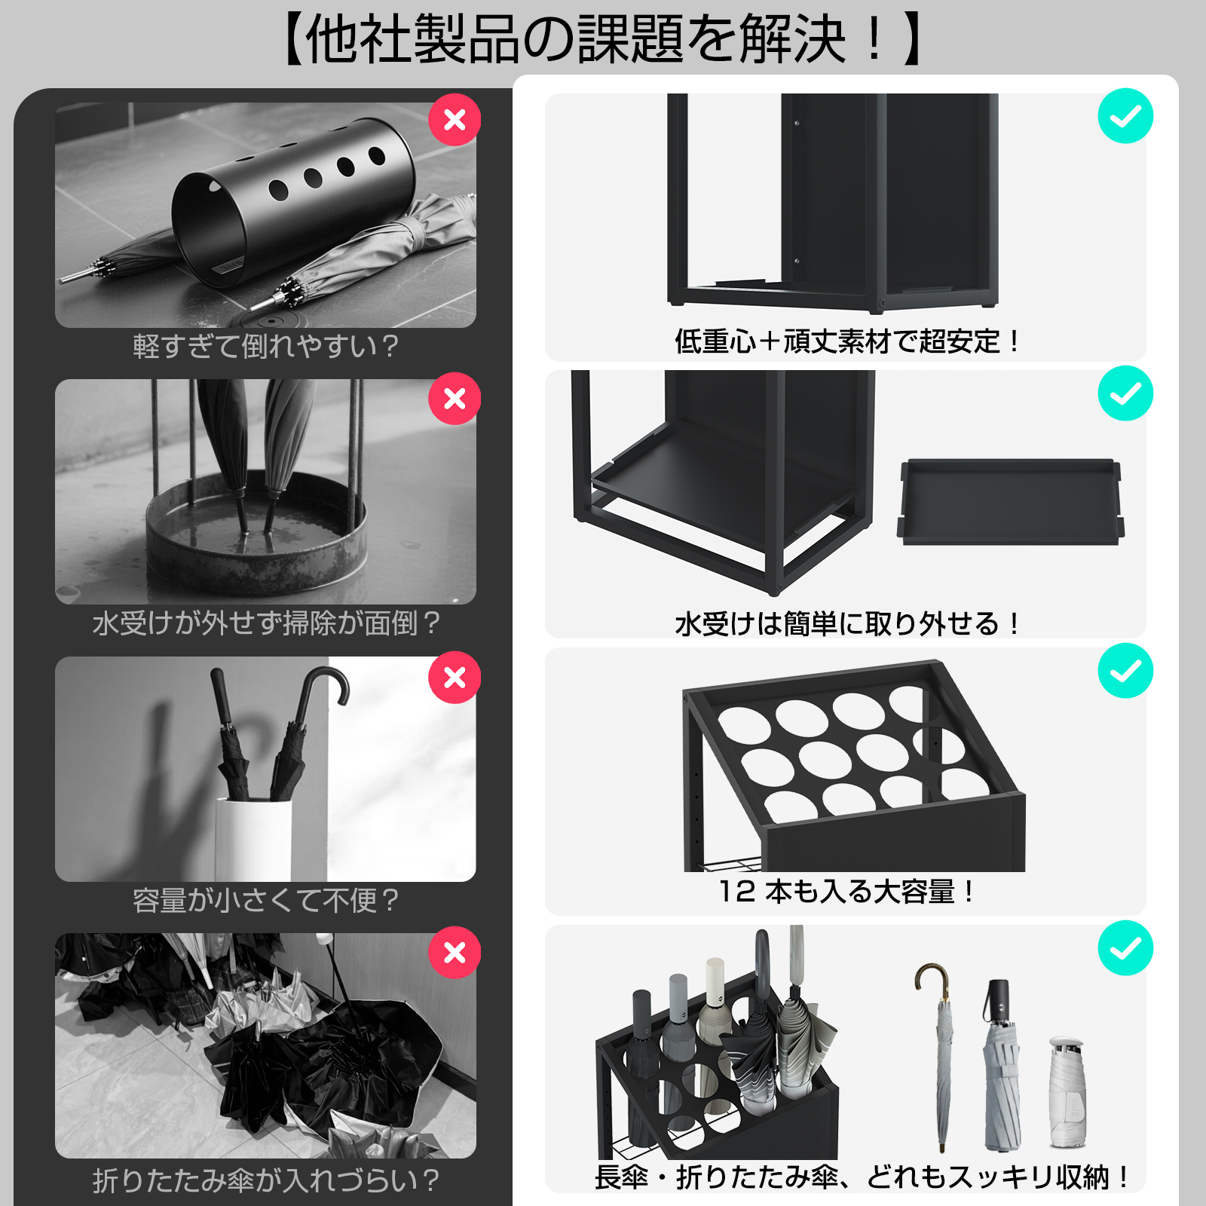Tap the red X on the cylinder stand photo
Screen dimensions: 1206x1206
click(455, 120)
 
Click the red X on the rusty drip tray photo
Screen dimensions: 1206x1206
click(455, 398)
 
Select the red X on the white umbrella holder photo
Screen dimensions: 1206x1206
click(455, 677)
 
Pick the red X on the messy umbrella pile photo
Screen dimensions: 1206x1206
click(455, 952)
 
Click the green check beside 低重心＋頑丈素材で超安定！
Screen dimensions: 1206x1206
click(1125, 116)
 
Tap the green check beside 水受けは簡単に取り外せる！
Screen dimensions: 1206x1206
click(1125, 393)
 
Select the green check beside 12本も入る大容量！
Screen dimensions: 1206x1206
click(1125, 671)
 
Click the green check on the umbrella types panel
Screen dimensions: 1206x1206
click(1125, 948)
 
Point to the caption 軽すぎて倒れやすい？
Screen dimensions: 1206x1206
click(265, 346)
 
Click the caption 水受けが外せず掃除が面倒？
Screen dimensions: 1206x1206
click(265, 623)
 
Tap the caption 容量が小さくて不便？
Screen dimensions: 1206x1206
click(265, 900)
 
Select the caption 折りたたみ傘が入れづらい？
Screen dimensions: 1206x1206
click(265, 1180)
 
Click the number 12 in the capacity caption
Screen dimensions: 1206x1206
click(736, 892)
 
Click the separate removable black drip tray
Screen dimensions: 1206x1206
click(1010, 501)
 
